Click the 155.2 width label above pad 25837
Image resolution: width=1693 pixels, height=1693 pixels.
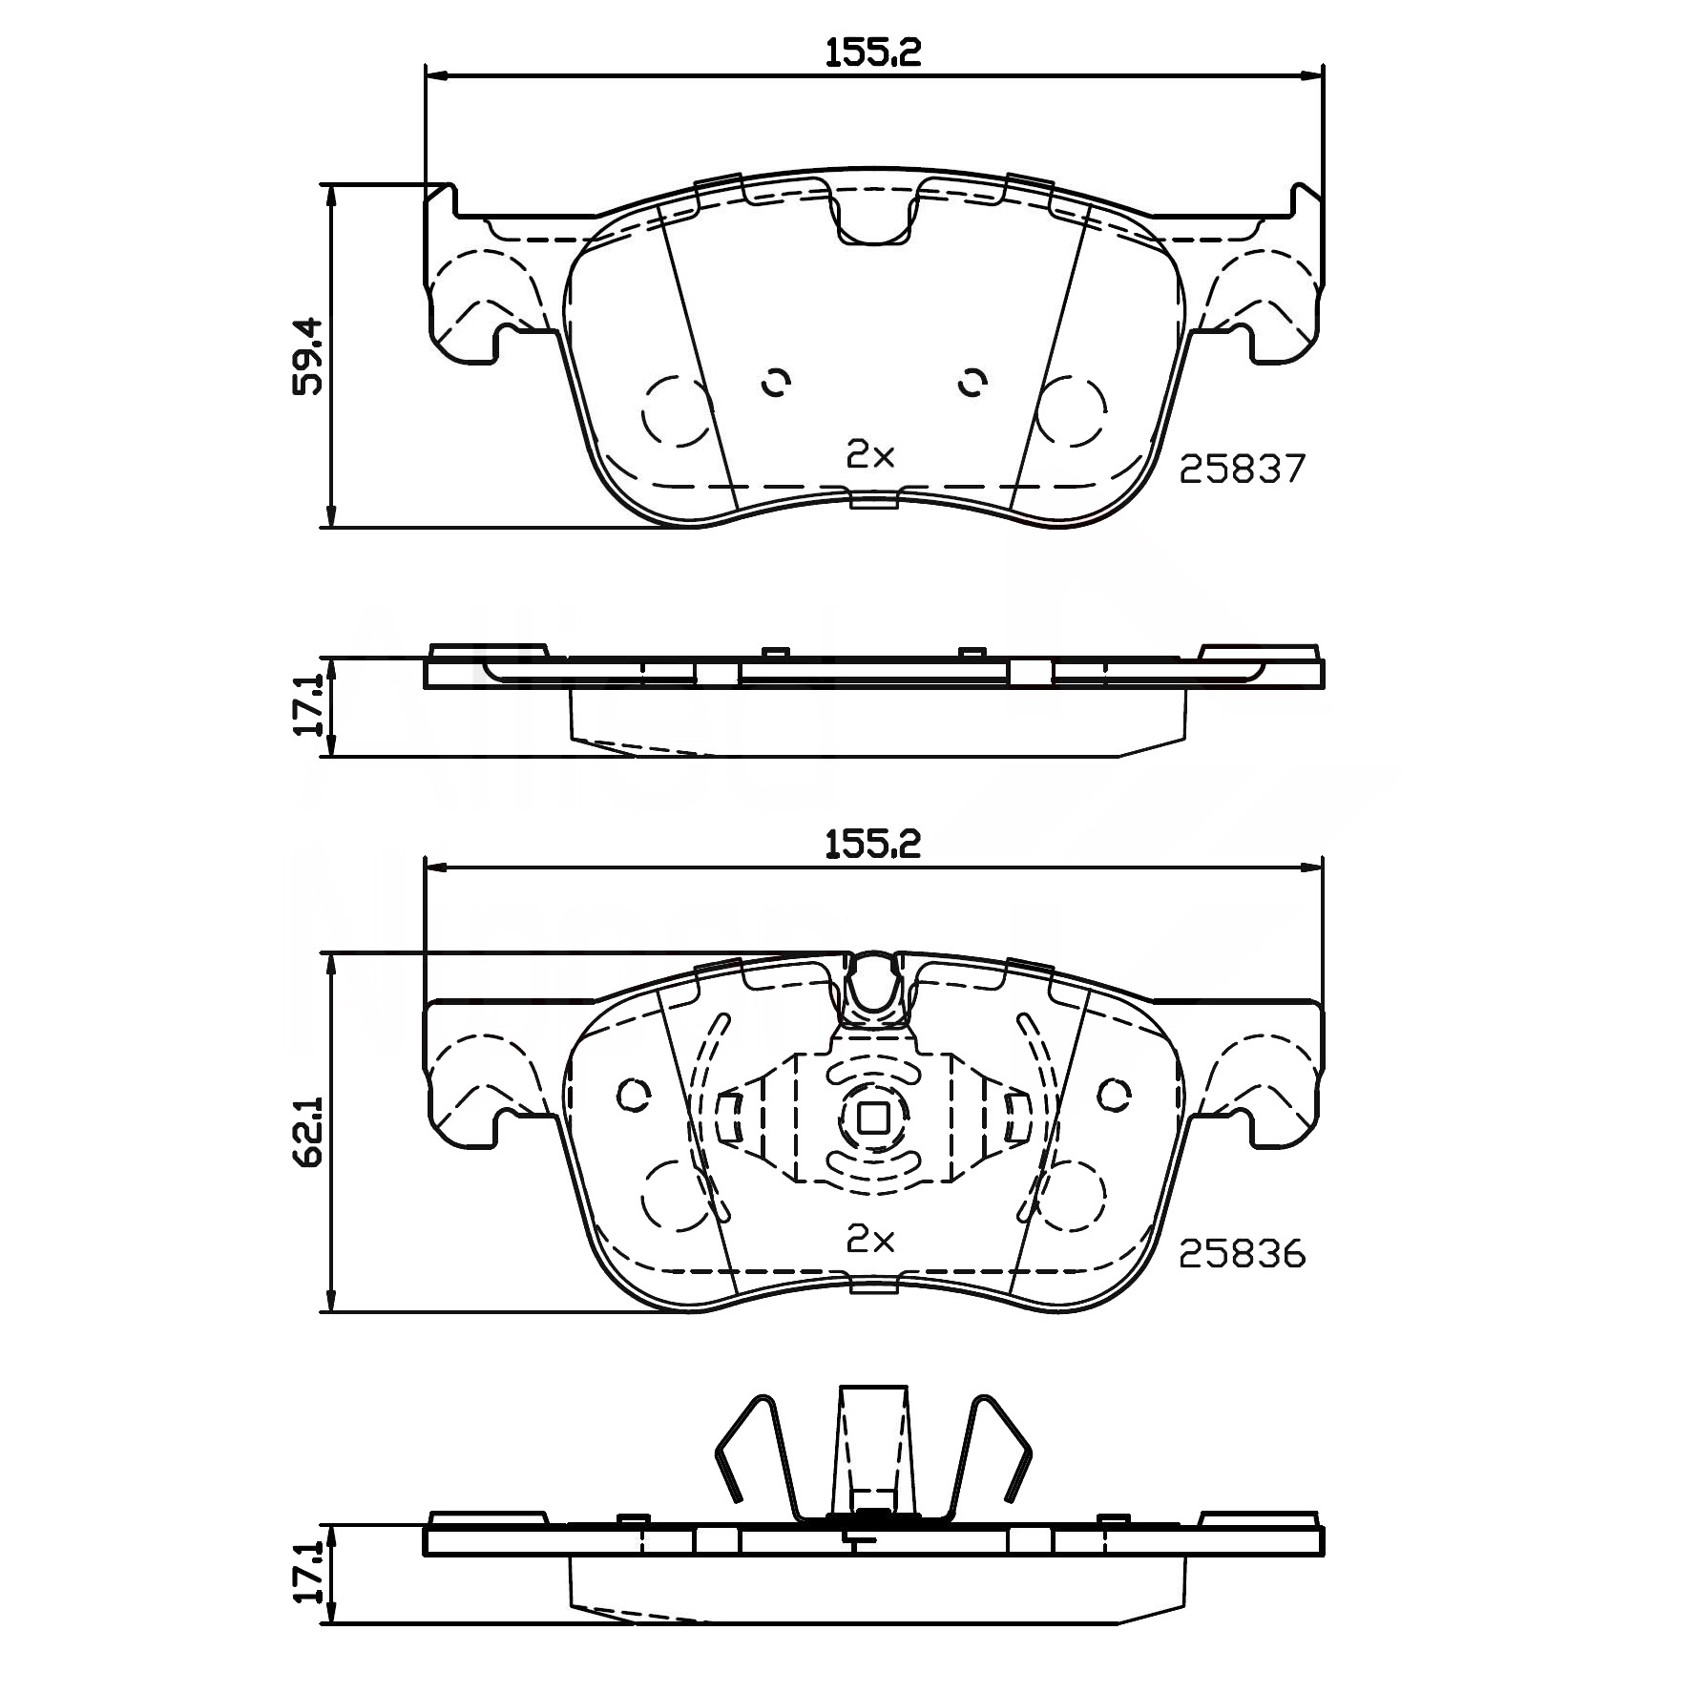coord(873,52)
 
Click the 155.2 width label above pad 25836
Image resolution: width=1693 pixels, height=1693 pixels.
coord(873,845)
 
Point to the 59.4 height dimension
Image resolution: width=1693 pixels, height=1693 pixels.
coord(309,356)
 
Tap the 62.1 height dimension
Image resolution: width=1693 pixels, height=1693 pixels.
coord(309,1132)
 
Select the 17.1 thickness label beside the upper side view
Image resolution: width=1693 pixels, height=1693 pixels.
coord(309,707)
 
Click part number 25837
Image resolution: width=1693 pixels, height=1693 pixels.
coord(1242,469)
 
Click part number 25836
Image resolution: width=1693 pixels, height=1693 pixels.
coord(1242,1254)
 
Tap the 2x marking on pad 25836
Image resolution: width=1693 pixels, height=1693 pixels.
coord(871,1240)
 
